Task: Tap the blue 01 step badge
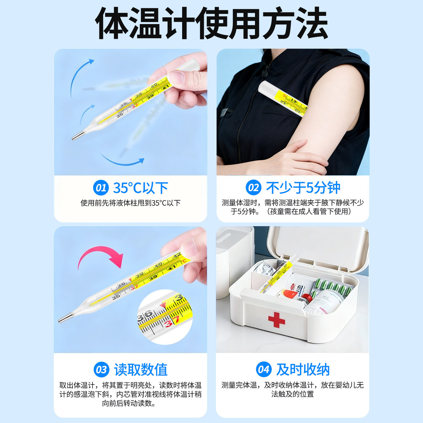tap(101, 188)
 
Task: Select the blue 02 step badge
tap(253, 188)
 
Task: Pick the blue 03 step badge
tap(101, 370)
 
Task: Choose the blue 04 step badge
tap(263, 370)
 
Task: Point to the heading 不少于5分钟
tap(303, 188)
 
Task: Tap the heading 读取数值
tap(141, 370)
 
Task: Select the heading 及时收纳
tap(303, 370)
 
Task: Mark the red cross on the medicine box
tap(276, 320)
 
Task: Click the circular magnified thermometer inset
tap(165, 317)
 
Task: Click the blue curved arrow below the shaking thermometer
tap(123, 161)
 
